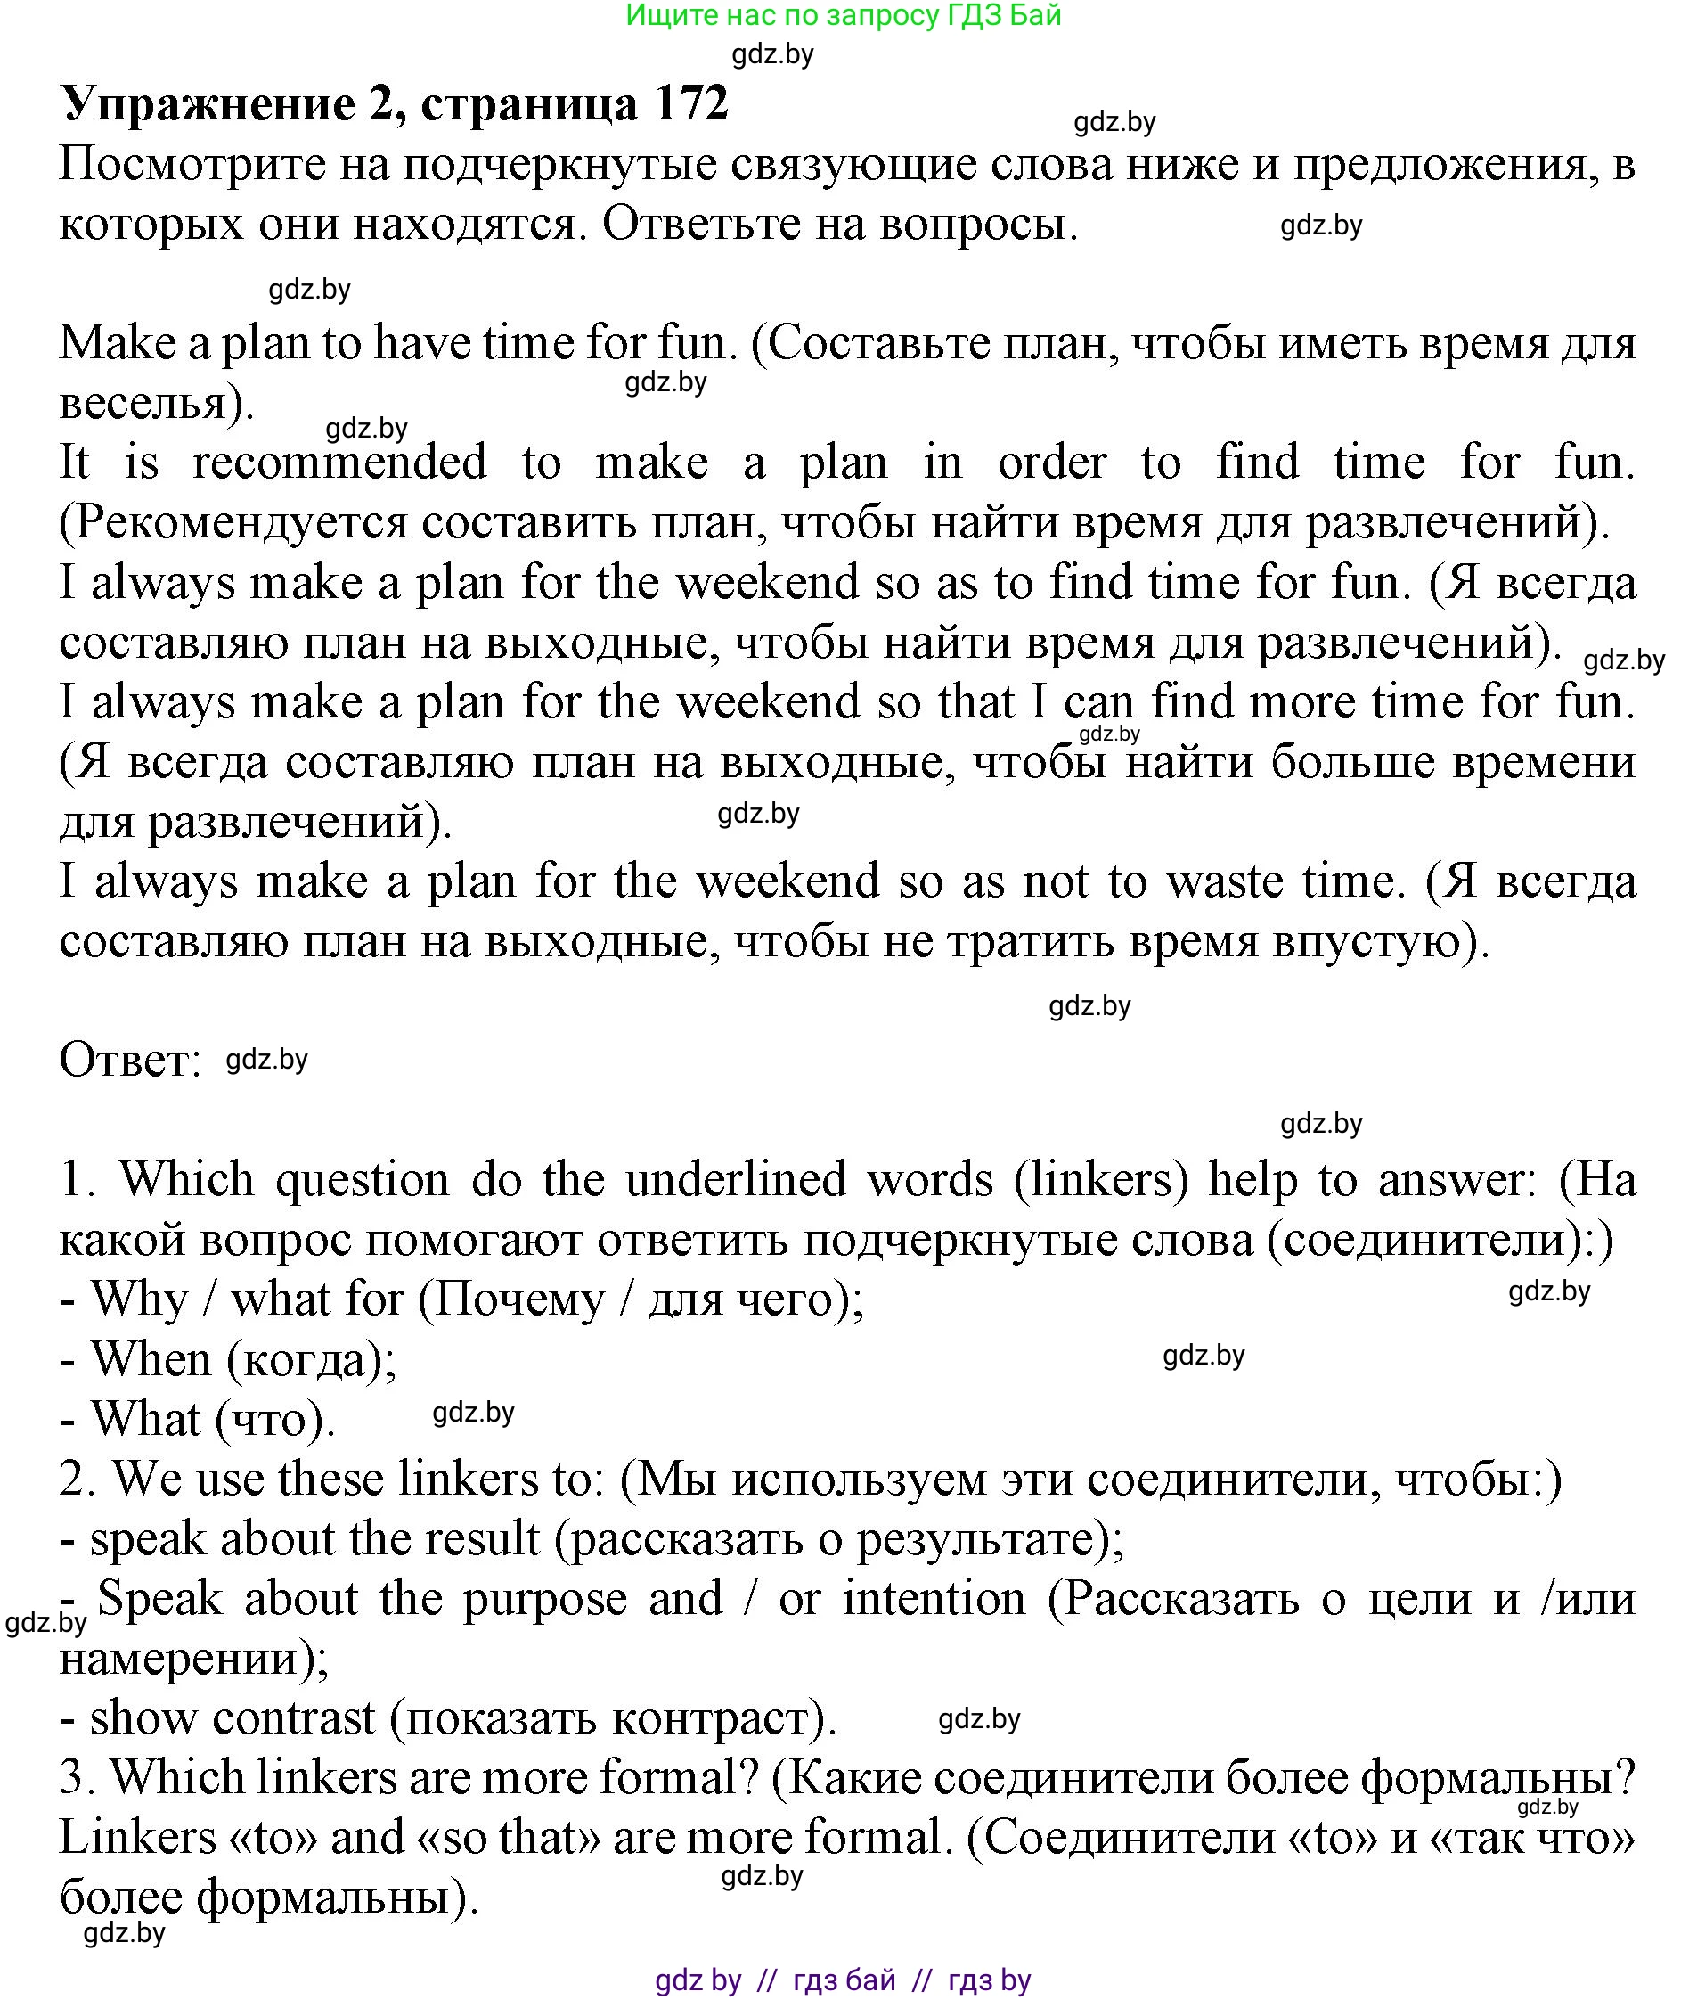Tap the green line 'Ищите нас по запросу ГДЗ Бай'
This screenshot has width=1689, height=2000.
844,15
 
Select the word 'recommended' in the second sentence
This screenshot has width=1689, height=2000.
340,463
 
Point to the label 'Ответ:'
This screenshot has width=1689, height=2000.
130,1061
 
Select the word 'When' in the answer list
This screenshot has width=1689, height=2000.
151,1360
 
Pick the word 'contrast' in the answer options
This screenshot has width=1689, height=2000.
294,1717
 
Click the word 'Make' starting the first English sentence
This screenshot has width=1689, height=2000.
117,343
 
